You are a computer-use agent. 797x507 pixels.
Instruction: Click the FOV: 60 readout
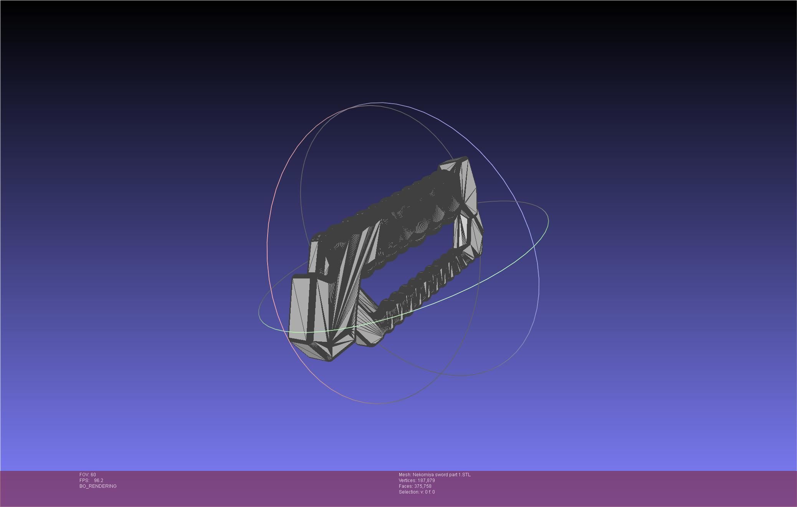click(x=88, y=475)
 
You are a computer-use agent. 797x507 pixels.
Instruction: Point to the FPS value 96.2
click(x=98, y=480)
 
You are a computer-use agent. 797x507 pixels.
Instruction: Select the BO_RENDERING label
click(x=98, y=486)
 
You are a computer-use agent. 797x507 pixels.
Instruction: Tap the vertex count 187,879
click(x=426, y=480)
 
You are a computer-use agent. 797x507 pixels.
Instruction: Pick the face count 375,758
click(x=423, y=486)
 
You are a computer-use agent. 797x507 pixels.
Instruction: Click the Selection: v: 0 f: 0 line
click(x=417, y=492)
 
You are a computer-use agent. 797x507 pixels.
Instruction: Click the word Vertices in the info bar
click(x=407, y=480)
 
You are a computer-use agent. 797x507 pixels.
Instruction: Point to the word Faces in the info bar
click(x=405, y=486)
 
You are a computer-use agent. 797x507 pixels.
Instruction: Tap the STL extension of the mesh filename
click(x=466, y=475)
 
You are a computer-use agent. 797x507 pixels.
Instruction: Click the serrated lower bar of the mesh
click(x=422, y=284)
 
